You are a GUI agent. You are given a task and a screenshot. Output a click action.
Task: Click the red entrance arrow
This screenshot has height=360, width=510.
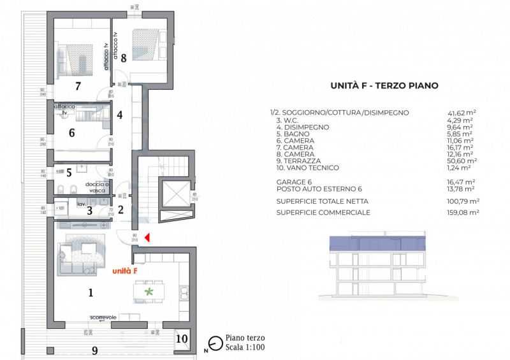click(x=147, y=238)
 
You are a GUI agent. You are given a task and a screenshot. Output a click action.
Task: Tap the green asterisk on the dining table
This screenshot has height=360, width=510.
click(x=150, y=291)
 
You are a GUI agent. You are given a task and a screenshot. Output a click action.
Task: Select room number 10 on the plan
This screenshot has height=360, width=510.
click(x=181, y=338)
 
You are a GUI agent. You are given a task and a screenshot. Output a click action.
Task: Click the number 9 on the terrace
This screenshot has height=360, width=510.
click(x=95, y=350)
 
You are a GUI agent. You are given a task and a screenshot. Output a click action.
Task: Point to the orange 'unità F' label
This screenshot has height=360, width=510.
click(x=124, y=271)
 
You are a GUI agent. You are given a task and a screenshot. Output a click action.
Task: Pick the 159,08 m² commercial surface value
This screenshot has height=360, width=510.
click(x=463, y=212)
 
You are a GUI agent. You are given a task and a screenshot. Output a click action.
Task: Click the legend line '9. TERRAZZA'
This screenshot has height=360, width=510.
click(x=299, y=161)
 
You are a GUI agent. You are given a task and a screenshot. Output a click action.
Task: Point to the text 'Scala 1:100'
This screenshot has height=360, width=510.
click(x=245, y=347)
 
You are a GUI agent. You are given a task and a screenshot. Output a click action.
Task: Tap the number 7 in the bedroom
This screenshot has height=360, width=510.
click(x=77, y=85)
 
